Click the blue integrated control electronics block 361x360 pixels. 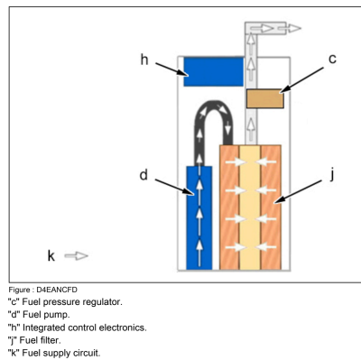(x=214, y=71)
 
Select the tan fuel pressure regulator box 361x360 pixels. (x=265, y=98)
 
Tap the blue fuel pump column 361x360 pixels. (x=199, y=217)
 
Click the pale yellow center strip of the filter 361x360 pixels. (x=250, y=208)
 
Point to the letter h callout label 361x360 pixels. (x=144, y=60)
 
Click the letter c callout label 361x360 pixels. (x=332, y=59)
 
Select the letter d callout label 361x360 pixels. (x=143, y=175)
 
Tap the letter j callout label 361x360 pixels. (x=332, y=174)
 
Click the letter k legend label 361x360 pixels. (x=51, y=255)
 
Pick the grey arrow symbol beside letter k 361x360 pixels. (x=77, y=256)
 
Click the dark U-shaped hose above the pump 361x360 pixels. (x=214, y=112)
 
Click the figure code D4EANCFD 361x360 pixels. (x=57, y=290)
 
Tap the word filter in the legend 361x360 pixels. (x=51, y=340)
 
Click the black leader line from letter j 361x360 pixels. (x=298, y=192)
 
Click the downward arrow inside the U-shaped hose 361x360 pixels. (x=228, y=127)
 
